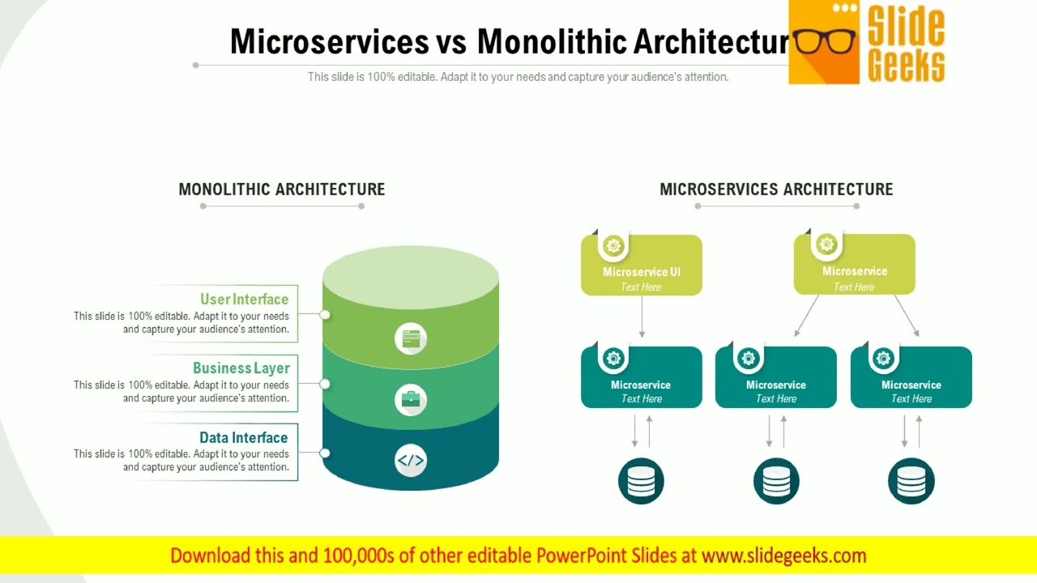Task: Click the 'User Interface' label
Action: [x=244, y=299]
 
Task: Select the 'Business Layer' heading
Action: [x=241, y=368]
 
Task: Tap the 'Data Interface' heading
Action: [x=243, y=437]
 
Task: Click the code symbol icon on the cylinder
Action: [x=411, y=461]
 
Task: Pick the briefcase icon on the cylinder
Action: [x=411, y=399]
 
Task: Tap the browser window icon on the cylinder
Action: [x=411, y=338]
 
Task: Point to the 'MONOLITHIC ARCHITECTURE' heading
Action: [x=282, y=189]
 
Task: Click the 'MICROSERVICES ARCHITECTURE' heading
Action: [x=776, y=189]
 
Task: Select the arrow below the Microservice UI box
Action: [x=642, y=317]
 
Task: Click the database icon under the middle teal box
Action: [x=776, y=481]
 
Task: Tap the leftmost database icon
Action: [x=641, y=481]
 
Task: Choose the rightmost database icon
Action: [x=911, y=481]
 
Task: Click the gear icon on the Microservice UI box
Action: [x=613, y=245]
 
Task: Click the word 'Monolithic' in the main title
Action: [x=551, y=42]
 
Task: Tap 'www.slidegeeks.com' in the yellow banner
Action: [x=783, y=555]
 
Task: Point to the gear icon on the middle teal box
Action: [x=749, y=357]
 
